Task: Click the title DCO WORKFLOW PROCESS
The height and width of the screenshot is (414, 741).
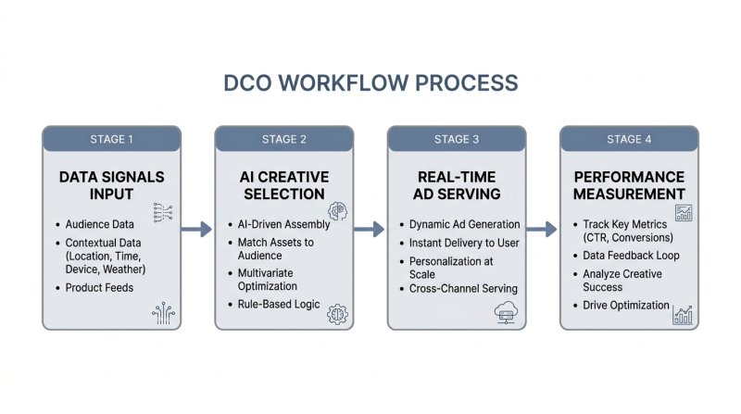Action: coord(370,82)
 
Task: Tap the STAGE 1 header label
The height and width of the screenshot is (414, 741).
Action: coord(112,140)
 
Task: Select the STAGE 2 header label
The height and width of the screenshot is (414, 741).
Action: coord(284,140)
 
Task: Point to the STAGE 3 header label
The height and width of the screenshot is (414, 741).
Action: coord(457,140)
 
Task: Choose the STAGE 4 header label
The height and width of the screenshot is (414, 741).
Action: coord(629,140)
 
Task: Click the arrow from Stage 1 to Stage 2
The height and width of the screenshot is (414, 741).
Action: coord(195,229)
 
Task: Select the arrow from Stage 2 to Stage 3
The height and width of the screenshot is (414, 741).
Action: coord(368,229)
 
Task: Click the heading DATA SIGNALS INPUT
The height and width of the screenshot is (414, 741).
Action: coord(110,184)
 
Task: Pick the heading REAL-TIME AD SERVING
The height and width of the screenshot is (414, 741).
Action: coord(457,184)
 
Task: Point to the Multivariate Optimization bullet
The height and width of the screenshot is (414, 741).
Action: coord(269,280)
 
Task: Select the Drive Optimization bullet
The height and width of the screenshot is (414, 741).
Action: coord(625,305)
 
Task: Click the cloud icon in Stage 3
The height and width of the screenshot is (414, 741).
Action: coord(506,311)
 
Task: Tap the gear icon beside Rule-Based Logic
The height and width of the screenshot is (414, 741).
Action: coord(337,313)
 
